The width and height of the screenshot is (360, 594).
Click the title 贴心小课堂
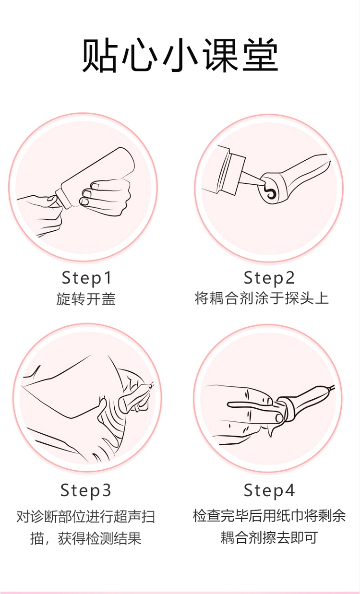click(180, 55)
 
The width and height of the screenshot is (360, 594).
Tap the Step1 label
click(87, 278)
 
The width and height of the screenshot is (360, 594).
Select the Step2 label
click(269, 278)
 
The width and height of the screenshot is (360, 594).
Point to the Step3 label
click(86, 491)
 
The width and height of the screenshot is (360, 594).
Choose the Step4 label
click(269, 491)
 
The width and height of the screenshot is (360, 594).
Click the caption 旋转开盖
click(86, 299)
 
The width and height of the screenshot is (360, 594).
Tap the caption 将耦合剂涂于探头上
click(262, 298)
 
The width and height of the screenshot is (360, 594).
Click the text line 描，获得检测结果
click(86, 538)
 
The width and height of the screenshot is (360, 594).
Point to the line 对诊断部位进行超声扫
click(86, 517)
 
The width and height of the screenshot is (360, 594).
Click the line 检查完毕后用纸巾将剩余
click(269, 516)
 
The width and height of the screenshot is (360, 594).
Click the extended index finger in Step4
click(250, 405)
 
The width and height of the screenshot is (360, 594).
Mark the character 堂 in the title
click(261, 55)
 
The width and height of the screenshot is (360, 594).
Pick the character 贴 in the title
click(99, 55)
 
